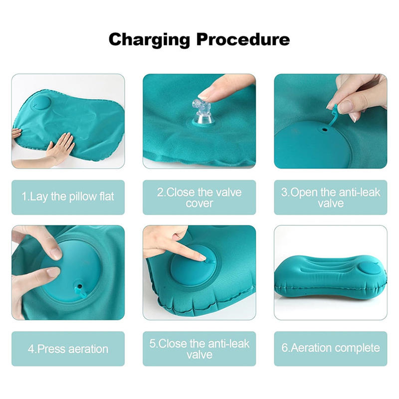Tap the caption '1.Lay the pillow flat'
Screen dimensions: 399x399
pos(68,197)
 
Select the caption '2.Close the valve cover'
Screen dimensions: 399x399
pos(199,198)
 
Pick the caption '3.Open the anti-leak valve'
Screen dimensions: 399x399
pos(330,198)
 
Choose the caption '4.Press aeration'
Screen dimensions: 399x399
pos(68,349)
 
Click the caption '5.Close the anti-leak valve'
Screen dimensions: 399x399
pos(199,349)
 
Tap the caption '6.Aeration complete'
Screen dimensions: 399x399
pos(330,348)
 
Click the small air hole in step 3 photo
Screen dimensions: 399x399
pos(324,128)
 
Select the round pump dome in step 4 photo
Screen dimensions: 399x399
pos(70,269)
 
